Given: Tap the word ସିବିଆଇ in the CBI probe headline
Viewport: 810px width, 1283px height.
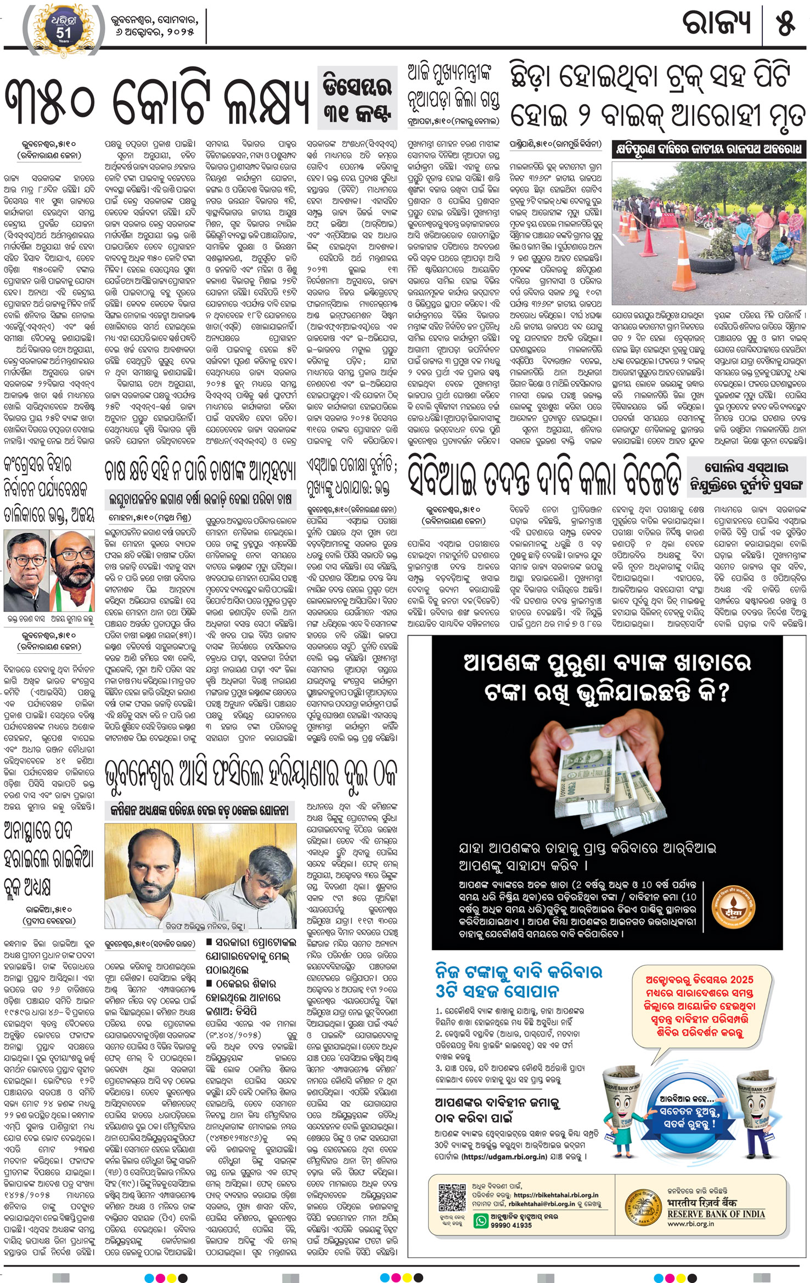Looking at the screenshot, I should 447,478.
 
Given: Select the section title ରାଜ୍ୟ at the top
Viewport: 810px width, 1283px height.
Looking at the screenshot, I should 716,24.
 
